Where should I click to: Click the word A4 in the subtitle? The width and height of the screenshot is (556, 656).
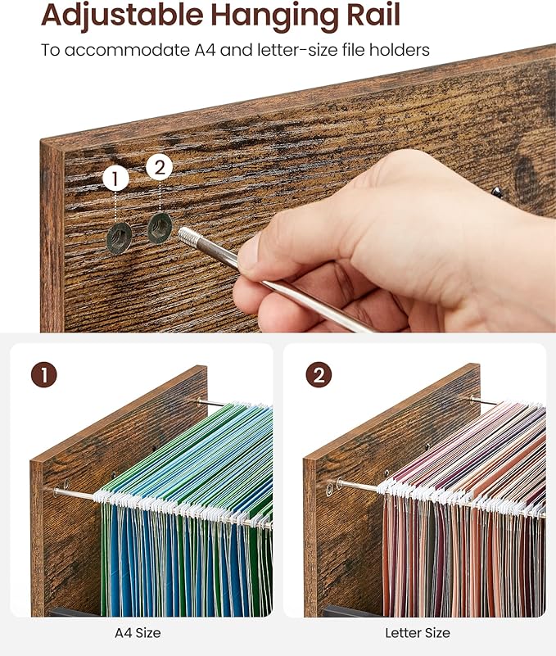click(x=205, y=50)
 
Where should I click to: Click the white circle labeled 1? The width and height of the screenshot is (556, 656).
click(x=115, y=179)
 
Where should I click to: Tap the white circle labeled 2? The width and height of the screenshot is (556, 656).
click(x=160, y=167)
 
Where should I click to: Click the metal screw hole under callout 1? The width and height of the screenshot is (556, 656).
click(x=120, y=238)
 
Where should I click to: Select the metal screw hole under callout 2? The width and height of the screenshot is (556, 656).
click(x=160, y=228)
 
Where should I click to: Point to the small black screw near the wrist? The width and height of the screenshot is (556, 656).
click(x=497, y=192)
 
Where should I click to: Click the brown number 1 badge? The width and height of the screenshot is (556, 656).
click(x=44, y=374)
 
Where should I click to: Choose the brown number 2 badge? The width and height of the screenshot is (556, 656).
click(x=319, y=374)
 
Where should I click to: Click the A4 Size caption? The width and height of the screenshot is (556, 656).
click(x=138, y=632)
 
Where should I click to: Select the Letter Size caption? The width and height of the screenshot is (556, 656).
click(x=418, y=632)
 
